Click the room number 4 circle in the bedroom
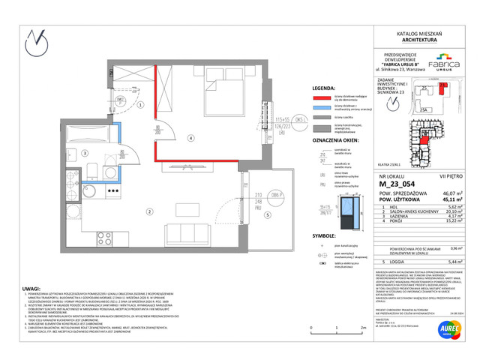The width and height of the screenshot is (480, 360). (x=191, y=138)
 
